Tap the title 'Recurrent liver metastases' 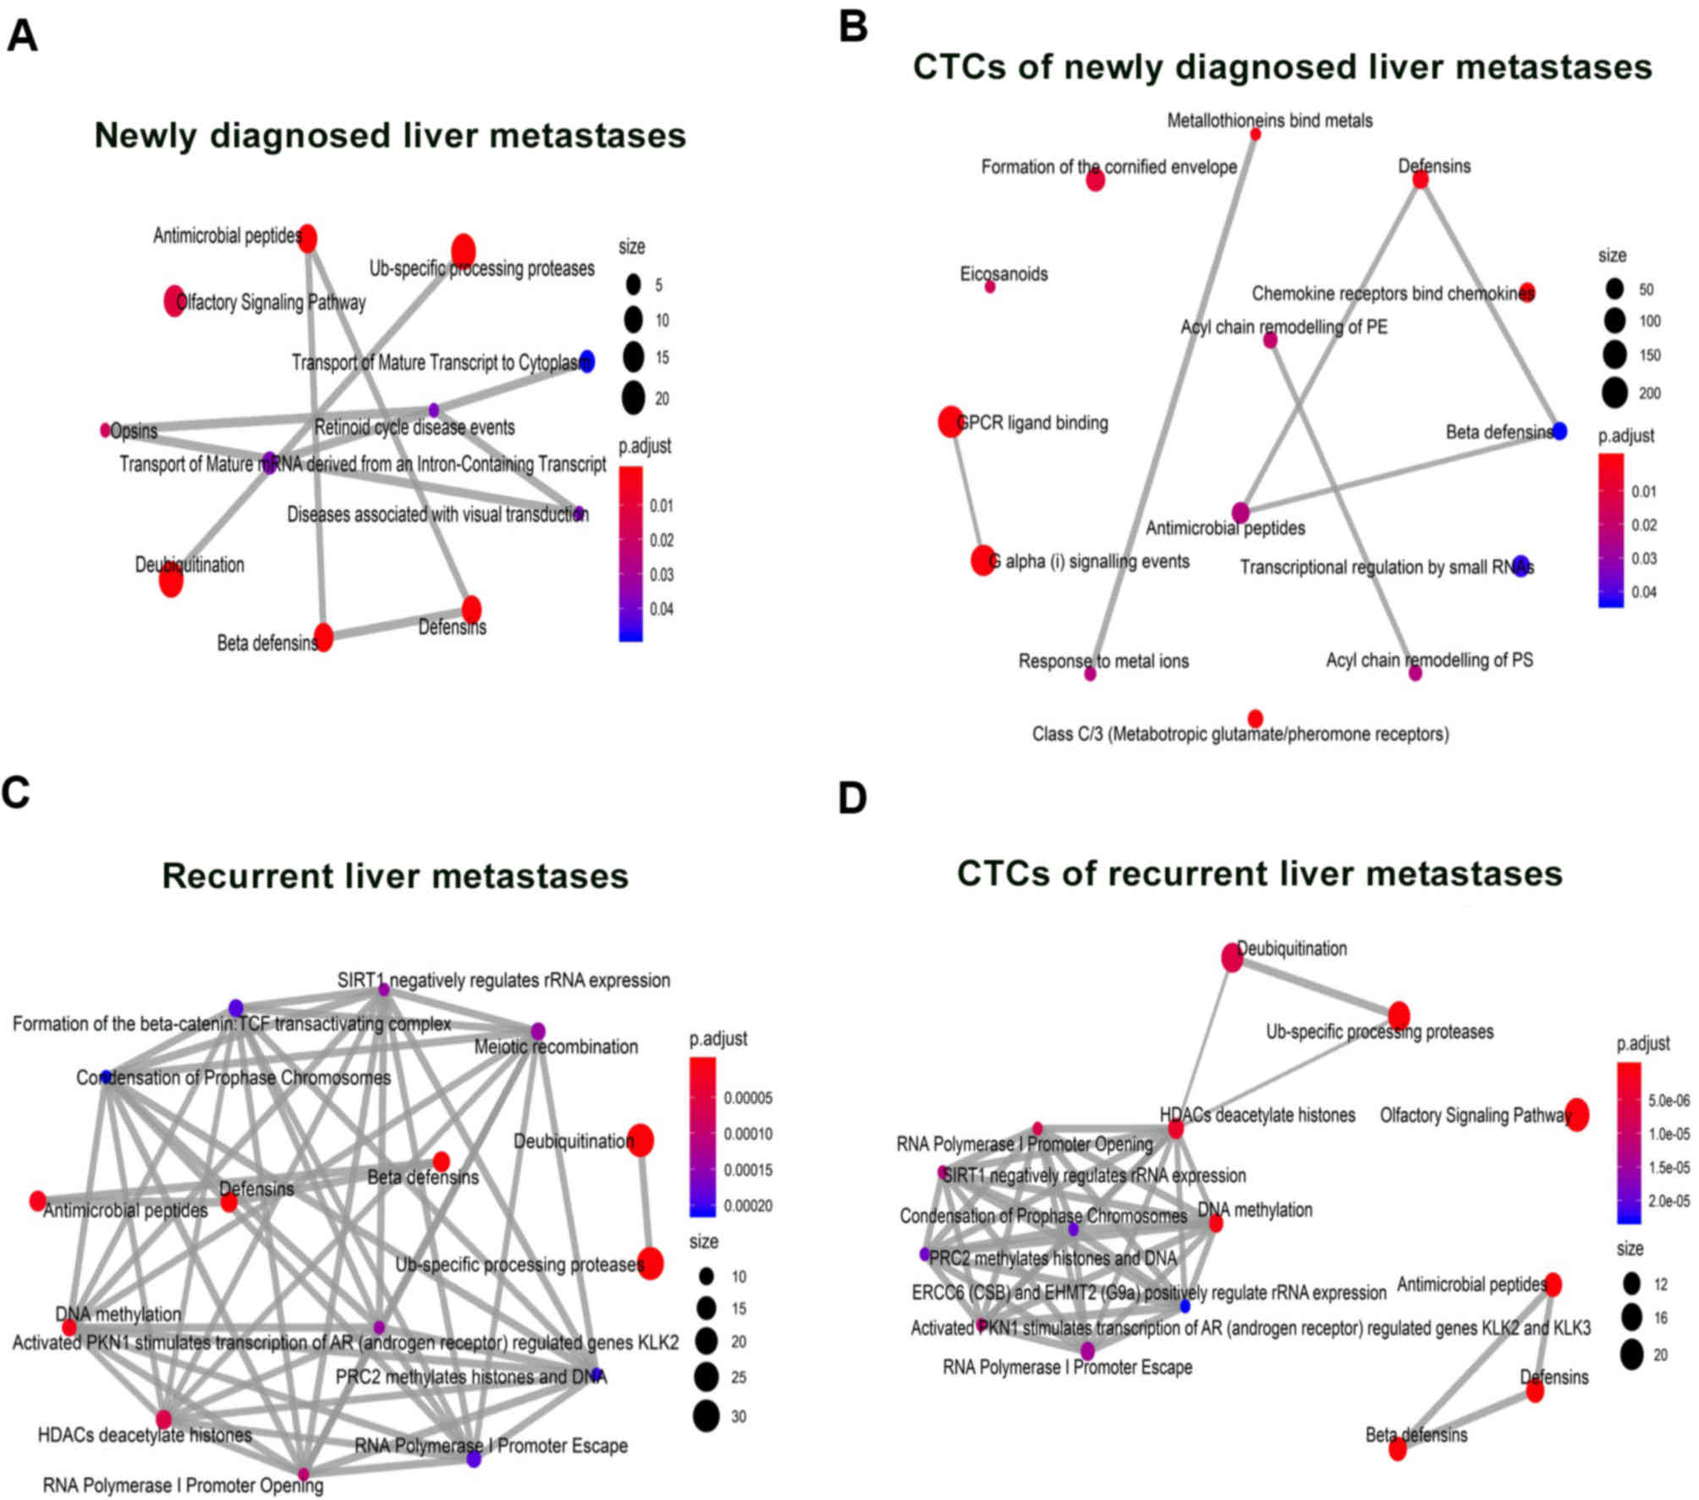pyautogui.click(x=395, y=875)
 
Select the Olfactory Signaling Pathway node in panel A pyautogui.click(x=173, y=301)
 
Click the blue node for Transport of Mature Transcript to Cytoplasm pyautogui.click(x=586, y=361)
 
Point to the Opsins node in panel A pyautogui.click(x=105, y=430)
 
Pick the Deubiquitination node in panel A pyautogui.click(x=171, y=580)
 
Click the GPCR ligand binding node pyautogui.click(x=950, y=421)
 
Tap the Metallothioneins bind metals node pyautogui.click(x=1256, y=134)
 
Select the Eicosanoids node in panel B pyautogui.click(x=990, y=287)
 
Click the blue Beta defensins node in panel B pyautogui.click(x=1559, y=431)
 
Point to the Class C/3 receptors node pyautogui.click(x=1256, y=718)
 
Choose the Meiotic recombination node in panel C pyautogui.click(x=537, y=1031)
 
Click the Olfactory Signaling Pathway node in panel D pyautogui.click(x=1576, y=1114)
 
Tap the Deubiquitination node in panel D pyautogui.click(x=1232, y=957)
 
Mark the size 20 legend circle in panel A pyautogui.click(x=633, y=398)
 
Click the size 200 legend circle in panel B pyautogui.click(x=1614, y=393)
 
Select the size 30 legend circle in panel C pyautogui.click(x=706, y=1416)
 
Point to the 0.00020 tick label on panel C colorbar pyautogui.click(x=748, y=1206)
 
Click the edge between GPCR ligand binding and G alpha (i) pyautogui.click(x=966, y=491)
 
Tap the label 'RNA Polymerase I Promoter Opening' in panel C pyautogui.click(x=183, y=1486)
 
